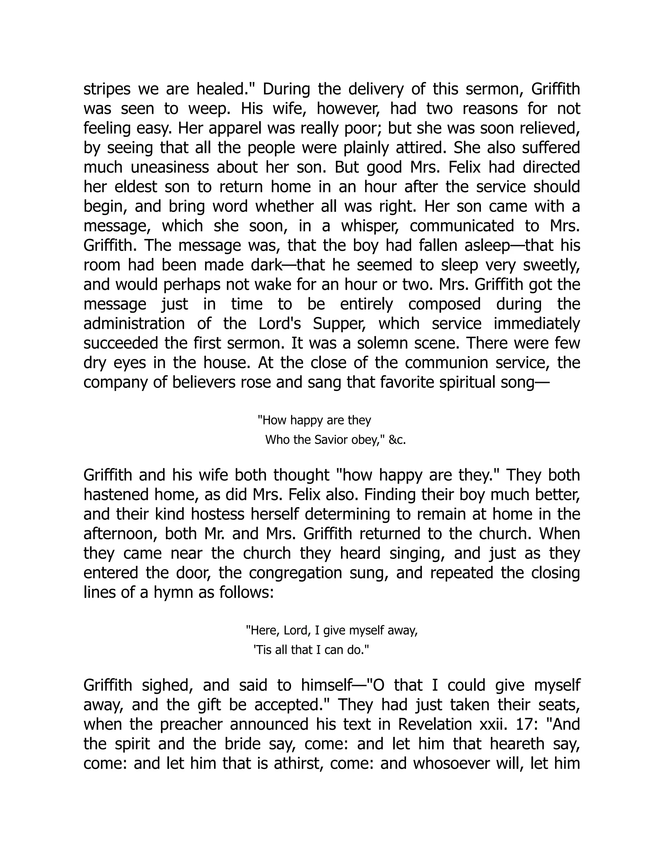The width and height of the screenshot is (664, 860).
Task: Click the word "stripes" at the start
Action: pos(107,89)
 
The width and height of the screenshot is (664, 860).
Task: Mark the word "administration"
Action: pos(134,324)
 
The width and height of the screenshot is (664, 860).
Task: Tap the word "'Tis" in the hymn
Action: pos(263,650)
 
